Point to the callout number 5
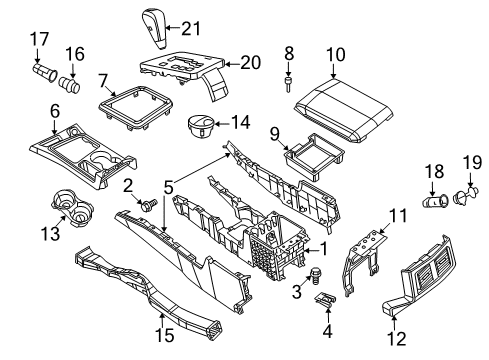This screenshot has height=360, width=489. click(168, 185)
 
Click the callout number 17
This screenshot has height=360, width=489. click(41, 40)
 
